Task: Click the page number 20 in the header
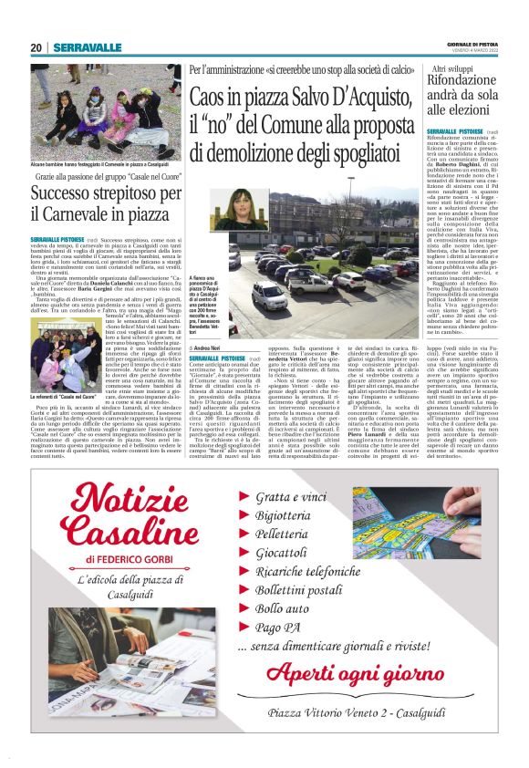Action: tap(36, 47)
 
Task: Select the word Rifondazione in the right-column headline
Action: tap(457, 81)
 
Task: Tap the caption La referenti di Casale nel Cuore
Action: tap(66, 372)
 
